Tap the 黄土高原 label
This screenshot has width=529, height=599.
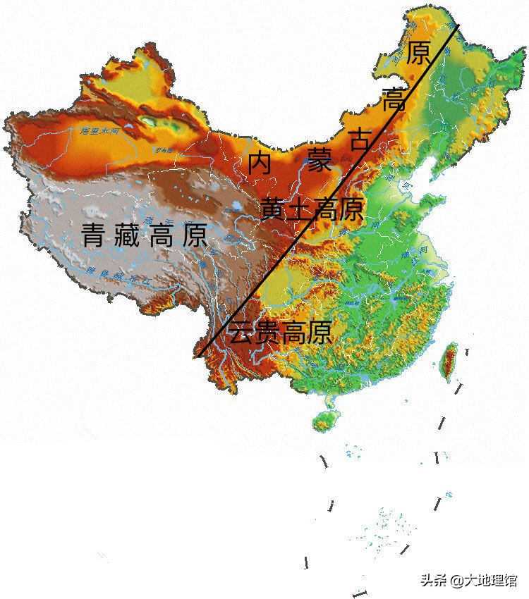coord(312,209)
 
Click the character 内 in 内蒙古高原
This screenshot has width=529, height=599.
coord(260,163)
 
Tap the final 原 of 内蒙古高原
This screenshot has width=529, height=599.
coord(419,53)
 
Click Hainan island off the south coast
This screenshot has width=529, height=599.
coord(324,419)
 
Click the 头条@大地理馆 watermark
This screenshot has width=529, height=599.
coord(468,580)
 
